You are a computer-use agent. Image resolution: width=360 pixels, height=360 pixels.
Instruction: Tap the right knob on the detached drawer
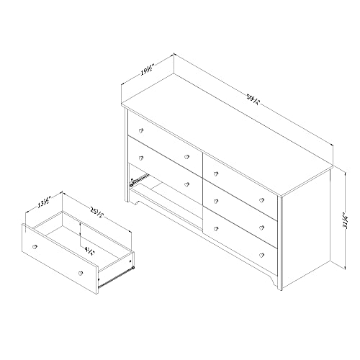79,273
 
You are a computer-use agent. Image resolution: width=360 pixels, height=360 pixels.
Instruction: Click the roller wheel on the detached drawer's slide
134,269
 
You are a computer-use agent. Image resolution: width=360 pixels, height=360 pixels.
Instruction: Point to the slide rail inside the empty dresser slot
133,181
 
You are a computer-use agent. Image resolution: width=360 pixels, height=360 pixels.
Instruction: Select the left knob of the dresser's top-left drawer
142,130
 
